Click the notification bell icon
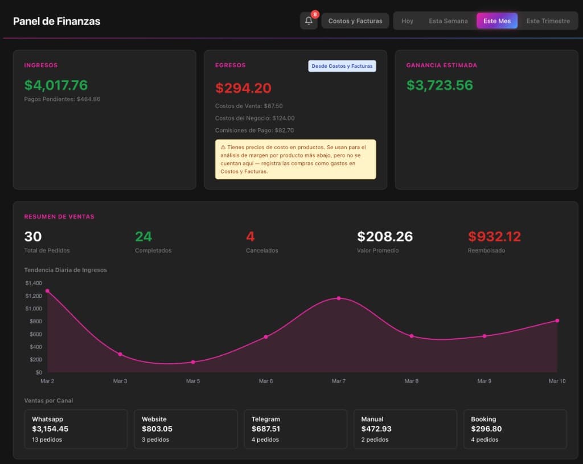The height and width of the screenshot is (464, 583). coord(309,21)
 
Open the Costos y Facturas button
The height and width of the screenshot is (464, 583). coord(355,21)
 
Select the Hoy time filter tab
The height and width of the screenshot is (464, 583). coord(407,21)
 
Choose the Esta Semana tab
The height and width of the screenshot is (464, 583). coord(448,21)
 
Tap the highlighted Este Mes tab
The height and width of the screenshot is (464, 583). coord(497,21)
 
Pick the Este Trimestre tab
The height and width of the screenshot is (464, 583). coord(548,21)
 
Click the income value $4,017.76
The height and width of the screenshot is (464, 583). coord(56,85)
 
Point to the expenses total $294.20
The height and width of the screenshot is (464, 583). coord(243,88)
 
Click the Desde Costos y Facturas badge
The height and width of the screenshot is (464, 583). coord(342,66)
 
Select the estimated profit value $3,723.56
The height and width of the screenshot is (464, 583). coord(440,85)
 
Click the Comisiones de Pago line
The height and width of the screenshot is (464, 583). coord(254,130)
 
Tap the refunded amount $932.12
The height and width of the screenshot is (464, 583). coord(494,236)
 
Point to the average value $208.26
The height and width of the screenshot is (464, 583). coord(385,236)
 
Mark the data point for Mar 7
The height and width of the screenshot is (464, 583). coord(339,298)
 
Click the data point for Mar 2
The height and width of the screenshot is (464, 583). coord(47,291)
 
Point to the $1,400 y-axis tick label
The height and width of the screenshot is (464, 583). coord(34,283)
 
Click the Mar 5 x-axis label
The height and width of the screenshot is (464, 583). coord(193,381)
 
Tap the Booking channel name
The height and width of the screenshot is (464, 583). coord(483,419)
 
